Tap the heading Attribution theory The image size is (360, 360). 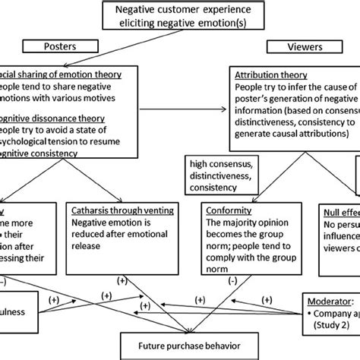270,76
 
